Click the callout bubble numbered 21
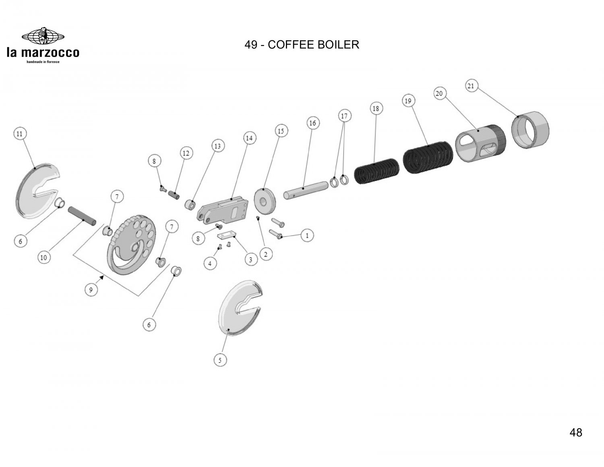click(472, 86)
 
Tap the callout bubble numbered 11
click(19, 133)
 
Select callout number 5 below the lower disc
click(219, 360)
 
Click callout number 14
click(249, 138)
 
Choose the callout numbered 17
click(344, 116)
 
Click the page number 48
click(576, 433)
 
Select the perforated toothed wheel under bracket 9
click(132, 248)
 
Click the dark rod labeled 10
click(83, 216)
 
